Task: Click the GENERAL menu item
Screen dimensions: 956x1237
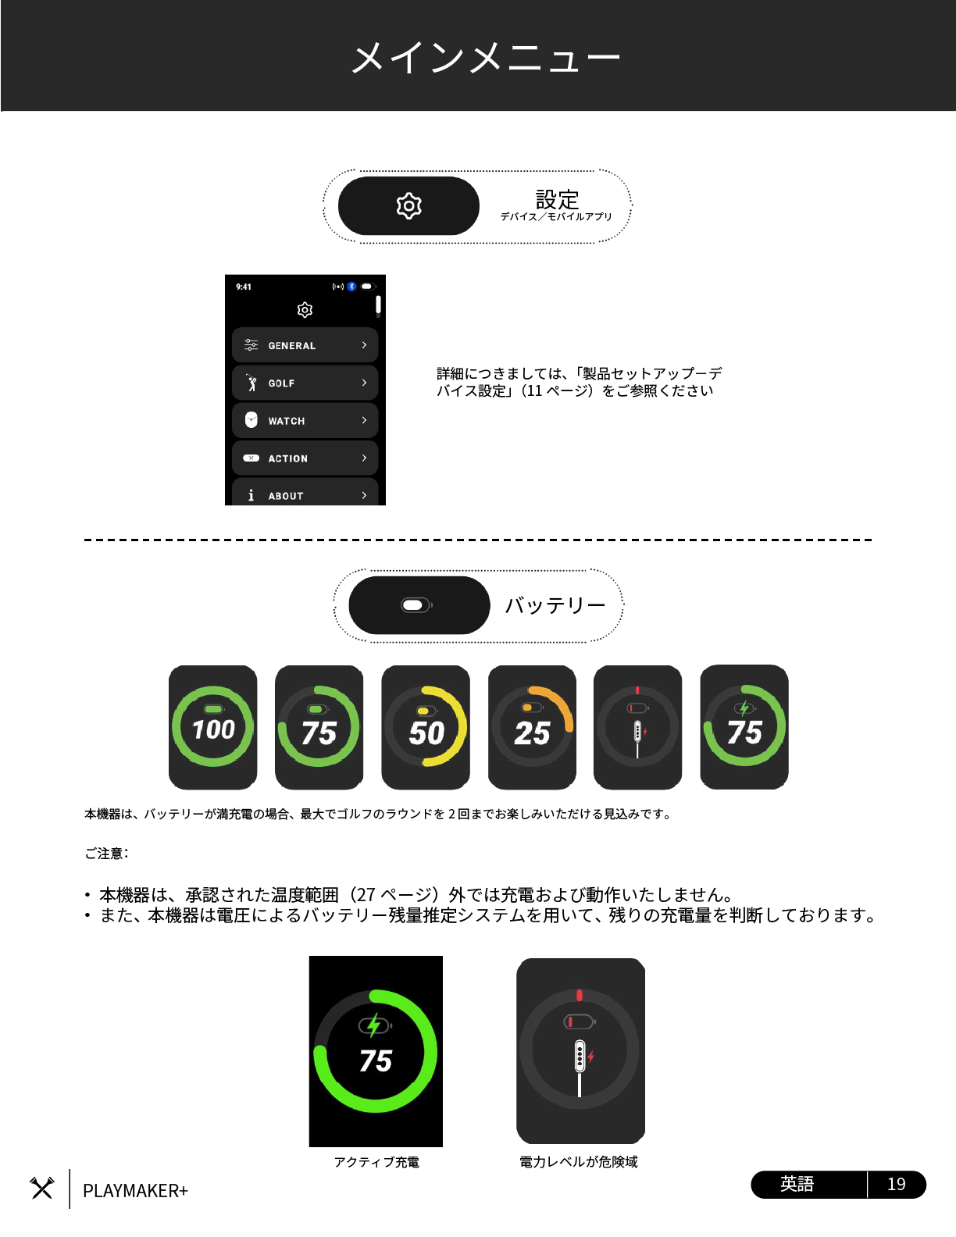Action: pyautogui.click(x=305, y=345)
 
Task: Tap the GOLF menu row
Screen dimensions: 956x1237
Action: pyautogui.click(x=305, y=383)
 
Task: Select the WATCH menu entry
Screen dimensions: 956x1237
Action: pyautogui.click(x=305, y=420)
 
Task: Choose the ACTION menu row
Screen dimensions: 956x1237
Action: pyautogui.click(x=305, y=458)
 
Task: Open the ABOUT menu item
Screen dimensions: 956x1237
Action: pyautogui.click(x=305, y=493)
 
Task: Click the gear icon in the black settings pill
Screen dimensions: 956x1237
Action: pyautogui.click(x=408, y=205)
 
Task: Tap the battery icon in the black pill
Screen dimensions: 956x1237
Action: pyautogui.click(x=416, y=605)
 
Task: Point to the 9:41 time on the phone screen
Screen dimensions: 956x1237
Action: pyautogui.click(x=244, y=287)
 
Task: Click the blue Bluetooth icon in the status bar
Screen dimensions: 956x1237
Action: pyautogui.click(x=352, y=287)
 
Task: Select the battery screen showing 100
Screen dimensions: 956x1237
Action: pyautogui.click(x=212, y=727)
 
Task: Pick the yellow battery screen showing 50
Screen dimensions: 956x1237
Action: pyautogui.click(x=426, y=727)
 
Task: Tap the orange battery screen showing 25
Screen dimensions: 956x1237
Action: pyautogui.click(x=532, y=727)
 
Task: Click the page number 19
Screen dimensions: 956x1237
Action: pyautogui.click(x=896, y=1184)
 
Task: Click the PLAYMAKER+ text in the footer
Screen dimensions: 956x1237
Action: pyautogui.click(x=135, y=1190)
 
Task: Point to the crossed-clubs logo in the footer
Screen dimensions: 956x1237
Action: pyautogui.click(x=42, y=1188)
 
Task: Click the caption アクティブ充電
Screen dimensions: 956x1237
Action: pyautogui.click(x=376, y=1162)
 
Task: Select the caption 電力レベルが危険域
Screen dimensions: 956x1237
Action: pyautogui.click(x=579, y=1162)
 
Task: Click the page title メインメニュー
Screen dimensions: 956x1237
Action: pyautogui.click(x=486, y=58)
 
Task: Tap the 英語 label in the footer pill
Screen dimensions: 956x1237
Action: pyautogui.click(x=797, y=1184)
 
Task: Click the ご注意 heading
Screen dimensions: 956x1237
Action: pyautogui.click(x=106, y=854)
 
